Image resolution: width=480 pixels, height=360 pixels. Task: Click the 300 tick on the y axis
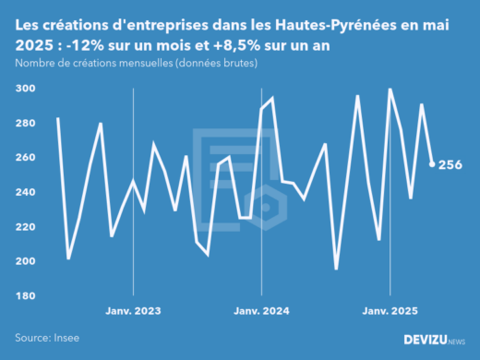tap(25, 88)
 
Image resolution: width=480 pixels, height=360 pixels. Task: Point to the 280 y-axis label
tap(25, 123)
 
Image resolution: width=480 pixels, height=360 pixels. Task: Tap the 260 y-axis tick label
tap(25, 157)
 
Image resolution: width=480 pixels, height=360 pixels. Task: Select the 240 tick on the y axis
tap(25, 192)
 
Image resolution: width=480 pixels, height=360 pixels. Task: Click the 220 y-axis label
tap(25, 226)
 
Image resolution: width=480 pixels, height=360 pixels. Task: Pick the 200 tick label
tap(25, 261)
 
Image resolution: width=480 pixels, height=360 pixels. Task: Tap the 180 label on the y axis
tap(25, 295)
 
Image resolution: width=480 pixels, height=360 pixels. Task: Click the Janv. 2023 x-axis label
tap(134, 313)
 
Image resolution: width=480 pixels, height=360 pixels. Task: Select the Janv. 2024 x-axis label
tap(262, 313)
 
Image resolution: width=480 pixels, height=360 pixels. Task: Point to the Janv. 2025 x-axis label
tap(390, 313)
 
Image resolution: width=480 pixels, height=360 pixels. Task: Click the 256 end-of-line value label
tap(450, 164)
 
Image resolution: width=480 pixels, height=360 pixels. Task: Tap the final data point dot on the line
tap(432, 164)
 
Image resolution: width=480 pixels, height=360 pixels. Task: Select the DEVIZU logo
tap(435, 340)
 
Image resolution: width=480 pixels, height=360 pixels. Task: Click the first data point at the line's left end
tap(57, 117)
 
